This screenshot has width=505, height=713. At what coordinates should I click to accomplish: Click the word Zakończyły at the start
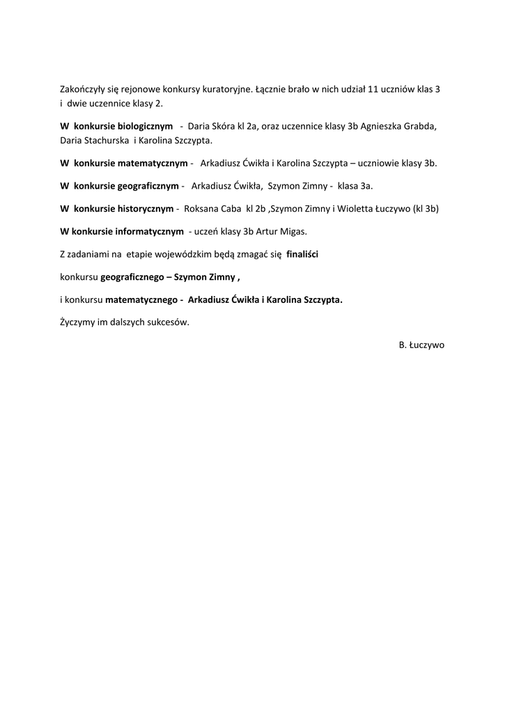tap(81, 90)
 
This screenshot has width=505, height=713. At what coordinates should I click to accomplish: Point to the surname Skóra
tap(224, 127)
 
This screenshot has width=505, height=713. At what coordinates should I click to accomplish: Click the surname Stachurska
tap(104, 140)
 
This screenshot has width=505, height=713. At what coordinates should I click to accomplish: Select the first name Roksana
tap(200, 208)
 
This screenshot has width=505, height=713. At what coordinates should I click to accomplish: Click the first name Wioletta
tap(352, 208)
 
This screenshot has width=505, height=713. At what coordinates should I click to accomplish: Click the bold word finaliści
tap(302, 254)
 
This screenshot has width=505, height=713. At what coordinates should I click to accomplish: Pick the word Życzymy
tap(78, 322)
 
